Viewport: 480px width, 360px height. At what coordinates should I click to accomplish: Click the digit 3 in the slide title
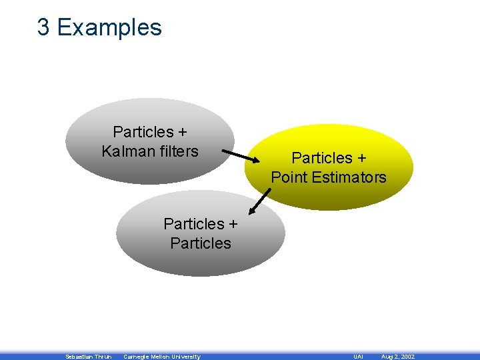(43, 27)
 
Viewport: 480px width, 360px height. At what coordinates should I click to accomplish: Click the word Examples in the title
(109, 28)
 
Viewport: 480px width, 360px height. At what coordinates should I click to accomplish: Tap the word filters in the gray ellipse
(176, 151)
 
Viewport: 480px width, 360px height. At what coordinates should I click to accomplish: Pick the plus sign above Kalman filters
(188, 132)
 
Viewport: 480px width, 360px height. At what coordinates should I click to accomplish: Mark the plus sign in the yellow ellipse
(361, 158)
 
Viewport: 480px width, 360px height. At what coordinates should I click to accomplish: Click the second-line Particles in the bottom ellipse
(201, 243)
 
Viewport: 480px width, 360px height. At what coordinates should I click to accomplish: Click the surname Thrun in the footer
(103, 357)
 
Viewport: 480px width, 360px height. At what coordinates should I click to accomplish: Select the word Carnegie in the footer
(137, 357)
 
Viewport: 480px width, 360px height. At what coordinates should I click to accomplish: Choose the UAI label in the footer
(358, 357)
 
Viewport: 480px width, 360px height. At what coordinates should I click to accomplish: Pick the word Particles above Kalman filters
(143, 132)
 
